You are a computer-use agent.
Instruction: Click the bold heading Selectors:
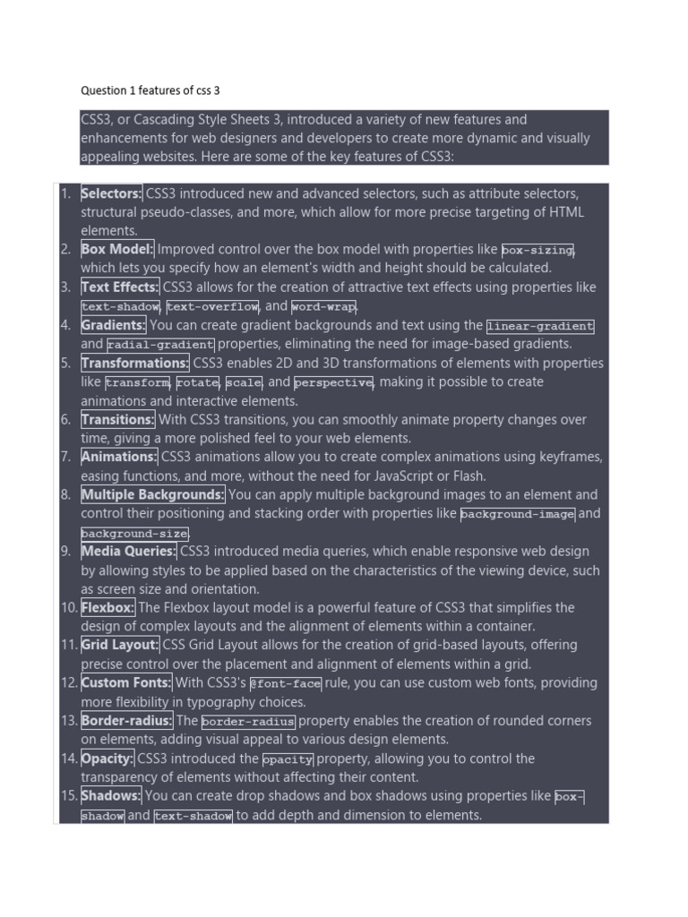(x=111, y=193)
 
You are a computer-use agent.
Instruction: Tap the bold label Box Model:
(x=117, y=249)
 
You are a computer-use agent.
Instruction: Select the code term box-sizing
(x=537, y=250)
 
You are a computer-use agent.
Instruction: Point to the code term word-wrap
(x=323, y=306)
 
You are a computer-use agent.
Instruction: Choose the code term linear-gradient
(x=540, y=326)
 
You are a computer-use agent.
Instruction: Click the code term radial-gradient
(x=160, y=345)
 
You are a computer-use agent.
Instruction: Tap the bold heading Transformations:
(x=135, y=363)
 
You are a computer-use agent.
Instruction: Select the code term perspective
(x=333, y=382)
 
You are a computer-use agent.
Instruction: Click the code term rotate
(x=197, y=382)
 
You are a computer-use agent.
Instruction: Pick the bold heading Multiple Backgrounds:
(x=152, y=494)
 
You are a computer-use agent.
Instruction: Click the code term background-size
(x=134, y=533)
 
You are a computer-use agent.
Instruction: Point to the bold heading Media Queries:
(x=129, y=551)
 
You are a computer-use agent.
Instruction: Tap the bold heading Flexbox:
(x=107, y=607)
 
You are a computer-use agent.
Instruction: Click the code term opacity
(x=294, y=759)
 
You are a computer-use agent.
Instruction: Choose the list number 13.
(x=69, y=721)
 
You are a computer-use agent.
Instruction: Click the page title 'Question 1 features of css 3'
(x=150, y=90)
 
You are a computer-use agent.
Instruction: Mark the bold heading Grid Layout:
(x=120, y=645)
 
